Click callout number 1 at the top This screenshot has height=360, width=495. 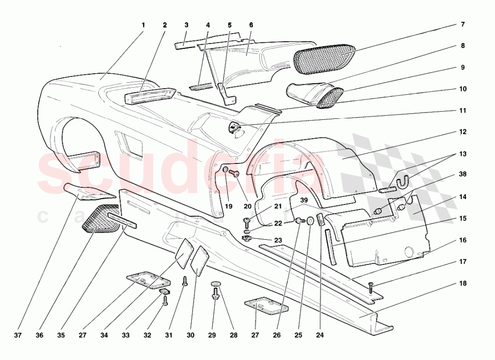[x=143, y=25]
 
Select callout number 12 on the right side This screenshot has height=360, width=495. [x=462, y=132]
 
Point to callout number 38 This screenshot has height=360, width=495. [x=462, y=175]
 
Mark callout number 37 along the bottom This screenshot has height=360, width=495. [x=18, y=335]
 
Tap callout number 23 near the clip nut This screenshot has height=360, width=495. [x=278, y=240]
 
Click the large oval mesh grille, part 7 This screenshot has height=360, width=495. [x=324, y=56]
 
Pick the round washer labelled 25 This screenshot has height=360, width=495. [x=310, y=221]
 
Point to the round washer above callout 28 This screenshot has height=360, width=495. [x=215, y=283]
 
